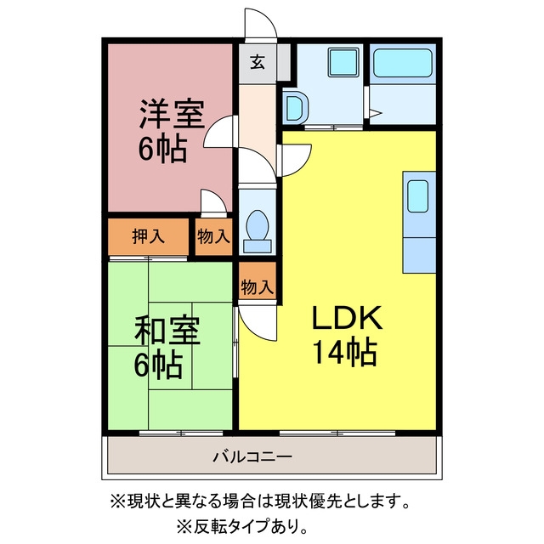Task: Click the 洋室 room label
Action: pos(172,114)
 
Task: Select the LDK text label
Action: pos(347,317)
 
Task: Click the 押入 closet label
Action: pos(149,236)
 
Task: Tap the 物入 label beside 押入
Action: pos(213,236)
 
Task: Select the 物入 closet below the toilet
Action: pos(258,287)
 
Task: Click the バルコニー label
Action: pos(252,456)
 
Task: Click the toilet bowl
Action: pos(258,224)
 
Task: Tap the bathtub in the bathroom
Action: pos(403,63)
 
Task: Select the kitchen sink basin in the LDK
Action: pos(417,196)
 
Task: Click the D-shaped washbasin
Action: pos(295,108)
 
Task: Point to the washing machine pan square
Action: pos(343,63)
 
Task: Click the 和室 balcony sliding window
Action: pos(181,433)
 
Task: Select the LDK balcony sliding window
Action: pos(337,433)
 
